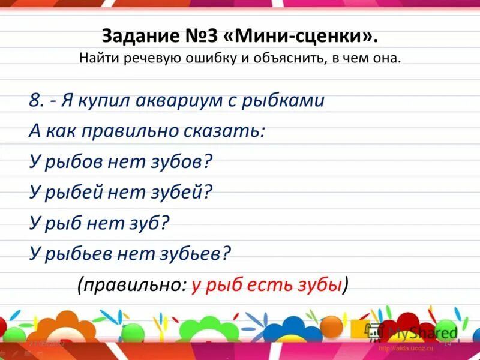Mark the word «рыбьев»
[76, 254]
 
